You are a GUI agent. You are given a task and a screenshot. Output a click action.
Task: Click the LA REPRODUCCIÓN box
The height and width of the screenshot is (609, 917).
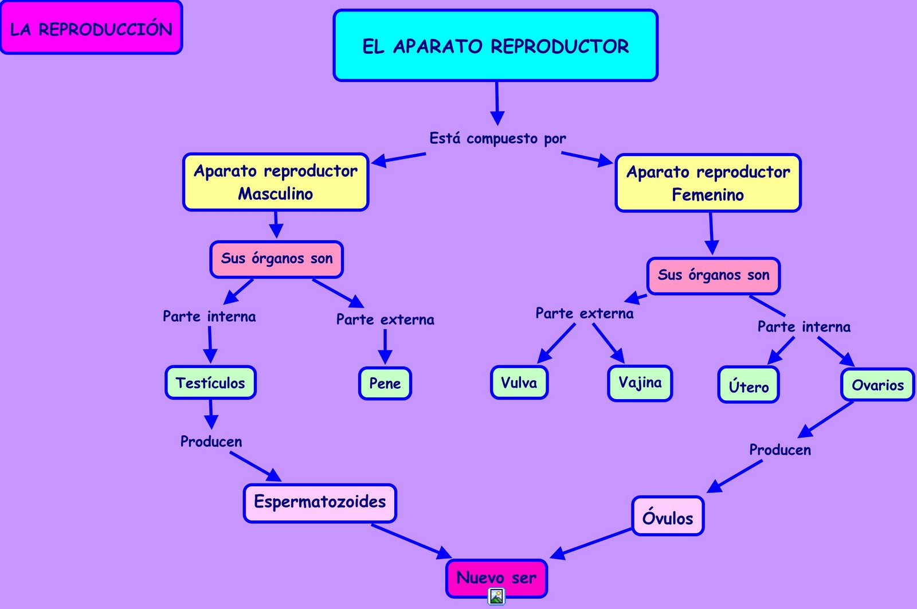tap(91, 28)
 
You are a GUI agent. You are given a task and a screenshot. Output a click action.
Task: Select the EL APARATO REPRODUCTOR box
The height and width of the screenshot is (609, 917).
tap(495, 45)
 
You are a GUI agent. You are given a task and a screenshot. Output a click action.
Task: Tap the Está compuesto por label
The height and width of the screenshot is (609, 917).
tap(497, 138)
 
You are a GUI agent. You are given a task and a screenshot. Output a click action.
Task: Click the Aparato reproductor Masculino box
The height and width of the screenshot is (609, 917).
tap(276, 182)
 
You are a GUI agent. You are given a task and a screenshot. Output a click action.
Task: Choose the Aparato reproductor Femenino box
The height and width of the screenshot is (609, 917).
tap(708, 183)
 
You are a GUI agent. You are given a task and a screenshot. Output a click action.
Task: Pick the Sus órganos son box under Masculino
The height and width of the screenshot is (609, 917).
tap(276, 259)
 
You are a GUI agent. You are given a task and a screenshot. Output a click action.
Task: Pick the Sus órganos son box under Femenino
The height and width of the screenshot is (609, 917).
tap(713, 275)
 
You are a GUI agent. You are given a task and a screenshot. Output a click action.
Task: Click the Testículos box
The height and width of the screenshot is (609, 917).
tap(210, 382)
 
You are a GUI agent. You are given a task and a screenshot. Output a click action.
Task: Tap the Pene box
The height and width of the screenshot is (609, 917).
tap(385, 383)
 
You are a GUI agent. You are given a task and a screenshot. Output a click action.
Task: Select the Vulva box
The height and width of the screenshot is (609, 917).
tap(519, 382)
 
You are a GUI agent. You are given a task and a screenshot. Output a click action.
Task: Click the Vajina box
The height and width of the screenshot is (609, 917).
tap(640, 382)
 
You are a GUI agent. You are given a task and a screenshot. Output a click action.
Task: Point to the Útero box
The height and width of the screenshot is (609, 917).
tap(749, 385)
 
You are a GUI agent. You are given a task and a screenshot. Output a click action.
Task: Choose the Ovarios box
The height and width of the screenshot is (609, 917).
tap(877, 385)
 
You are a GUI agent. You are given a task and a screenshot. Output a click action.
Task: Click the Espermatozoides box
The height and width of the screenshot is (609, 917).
tap(320, 502)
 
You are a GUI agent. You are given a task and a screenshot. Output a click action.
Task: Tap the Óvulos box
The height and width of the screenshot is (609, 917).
tap(668, 516)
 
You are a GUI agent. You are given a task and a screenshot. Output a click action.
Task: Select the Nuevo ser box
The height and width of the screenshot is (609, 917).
tap(496, 577)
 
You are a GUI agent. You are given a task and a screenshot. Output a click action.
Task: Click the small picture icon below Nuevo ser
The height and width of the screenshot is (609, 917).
tap(496, 596)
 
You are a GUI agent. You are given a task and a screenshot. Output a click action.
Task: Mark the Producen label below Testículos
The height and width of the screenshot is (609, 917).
tap(211, 442)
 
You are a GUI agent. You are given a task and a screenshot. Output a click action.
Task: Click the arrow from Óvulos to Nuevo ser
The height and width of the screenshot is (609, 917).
tap(590, 542)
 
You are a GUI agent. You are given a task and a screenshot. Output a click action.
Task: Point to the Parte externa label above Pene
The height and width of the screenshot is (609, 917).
tap(385, 319)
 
